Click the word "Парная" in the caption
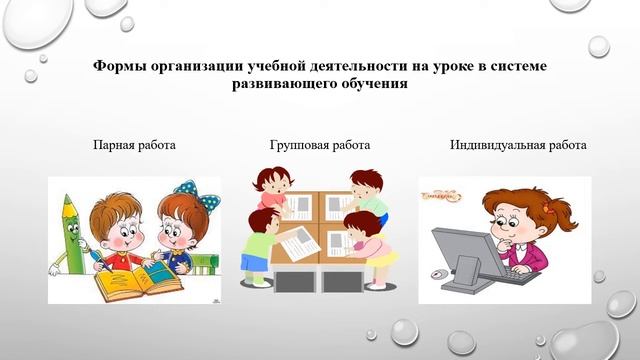pos(113,145)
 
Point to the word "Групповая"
pos(297,145)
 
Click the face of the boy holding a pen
pos(119,228)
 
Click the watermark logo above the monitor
pos(443,192)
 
